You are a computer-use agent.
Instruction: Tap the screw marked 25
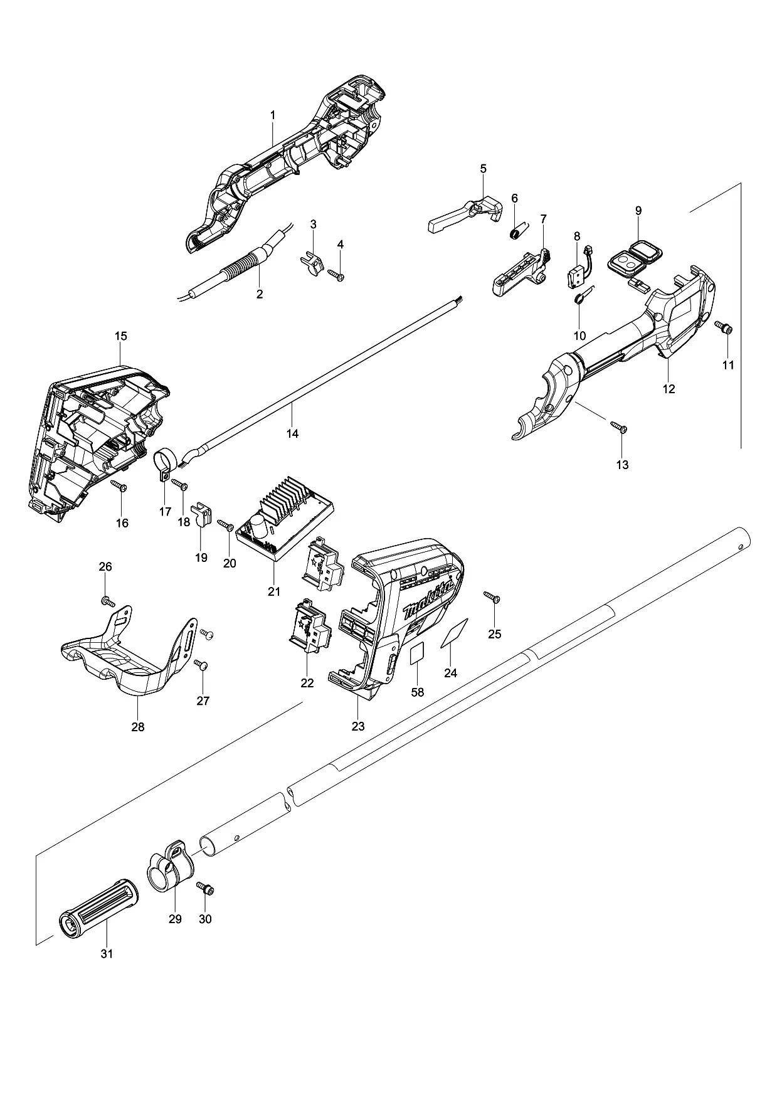pyautogui.click(x=491, y=597)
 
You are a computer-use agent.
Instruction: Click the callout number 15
pyautogui.click(x=121, y=336)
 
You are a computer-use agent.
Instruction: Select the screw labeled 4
pyautogui.click(x=336, y=274)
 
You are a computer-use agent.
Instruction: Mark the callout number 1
pyautogui.click(x=273, y=115)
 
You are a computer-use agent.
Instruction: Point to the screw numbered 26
pyautogui.click(x=108, y=602)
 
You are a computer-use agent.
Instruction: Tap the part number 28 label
pyautogui.click(x=137, y=727)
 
